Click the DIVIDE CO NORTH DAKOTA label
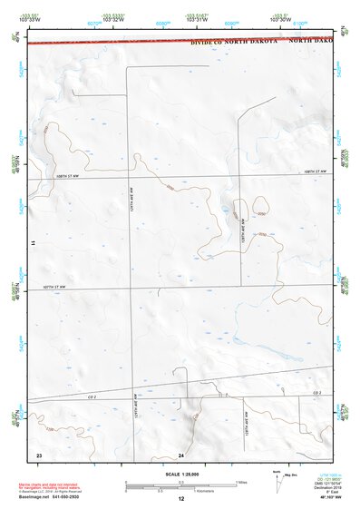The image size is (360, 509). tap(229, 42)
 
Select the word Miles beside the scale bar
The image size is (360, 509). tap(241, 482)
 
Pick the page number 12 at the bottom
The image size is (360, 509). tap(180, 499)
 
